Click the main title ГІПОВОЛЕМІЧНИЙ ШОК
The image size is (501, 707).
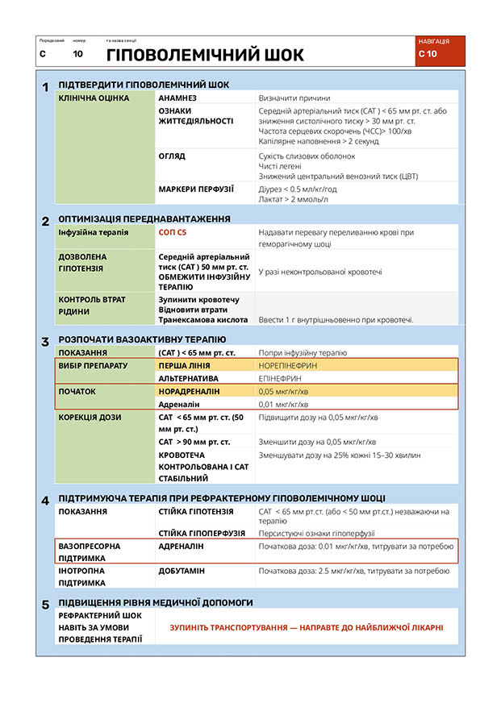click(206, 55)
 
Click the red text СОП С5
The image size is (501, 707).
click(173, 232)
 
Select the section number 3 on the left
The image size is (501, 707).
click(46, 341)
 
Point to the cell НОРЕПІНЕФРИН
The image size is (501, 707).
click(288, 365)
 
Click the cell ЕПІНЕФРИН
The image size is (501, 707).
click(281, 377)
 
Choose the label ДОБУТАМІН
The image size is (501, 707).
click(182, 571)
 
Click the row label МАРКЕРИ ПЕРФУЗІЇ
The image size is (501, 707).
click(196, 189)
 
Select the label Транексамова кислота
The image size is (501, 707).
click(202, 320)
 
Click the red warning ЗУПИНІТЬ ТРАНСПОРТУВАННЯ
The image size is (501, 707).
click(307, 627)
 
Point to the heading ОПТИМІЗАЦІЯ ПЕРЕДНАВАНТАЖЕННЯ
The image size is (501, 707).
click(144, 218)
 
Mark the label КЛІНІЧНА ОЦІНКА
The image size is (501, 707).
click(94, 98)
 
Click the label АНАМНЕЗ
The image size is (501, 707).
click(177, 98)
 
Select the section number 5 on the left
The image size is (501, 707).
click(46, 604)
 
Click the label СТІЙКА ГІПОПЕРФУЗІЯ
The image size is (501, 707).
click(196, 533)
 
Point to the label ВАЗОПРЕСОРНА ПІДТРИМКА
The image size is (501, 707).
click(89, 552)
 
